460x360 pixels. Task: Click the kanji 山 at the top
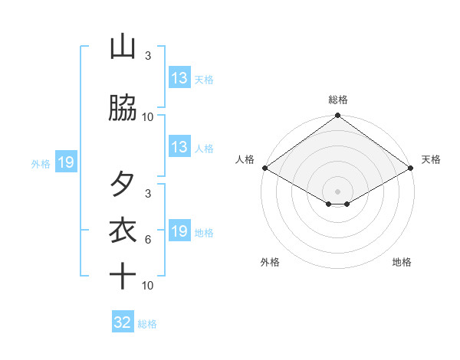[x=123, y=47]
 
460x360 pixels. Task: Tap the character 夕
[x=123, y=184]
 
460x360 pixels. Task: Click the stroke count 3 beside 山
[x=148, y=57]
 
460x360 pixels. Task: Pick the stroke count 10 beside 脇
[x=148, y=117]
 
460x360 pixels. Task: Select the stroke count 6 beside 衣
[x=148, y=240]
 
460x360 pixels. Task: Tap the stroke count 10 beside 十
[x=148, y=286]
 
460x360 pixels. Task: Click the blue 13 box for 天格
[x=179, y=78]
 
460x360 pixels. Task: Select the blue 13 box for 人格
[x=179, y=147]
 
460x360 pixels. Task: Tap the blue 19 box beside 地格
[x=179, y=231]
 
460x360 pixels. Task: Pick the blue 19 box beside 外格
[x=65, y=162]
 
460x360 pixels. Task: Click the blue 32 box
[x=123, y=322]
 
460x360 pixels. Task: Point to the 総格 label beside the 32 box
[x=148, y=324]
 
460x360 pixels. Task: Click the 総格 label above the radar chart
[x=338, y=100]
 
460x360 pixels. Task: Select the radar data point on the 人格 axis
[x=264, y=168]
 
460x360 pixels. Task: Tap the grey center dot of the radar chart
[x=338, y=191]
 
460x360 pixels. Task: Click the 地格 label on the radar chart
[x=402, y=262]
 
